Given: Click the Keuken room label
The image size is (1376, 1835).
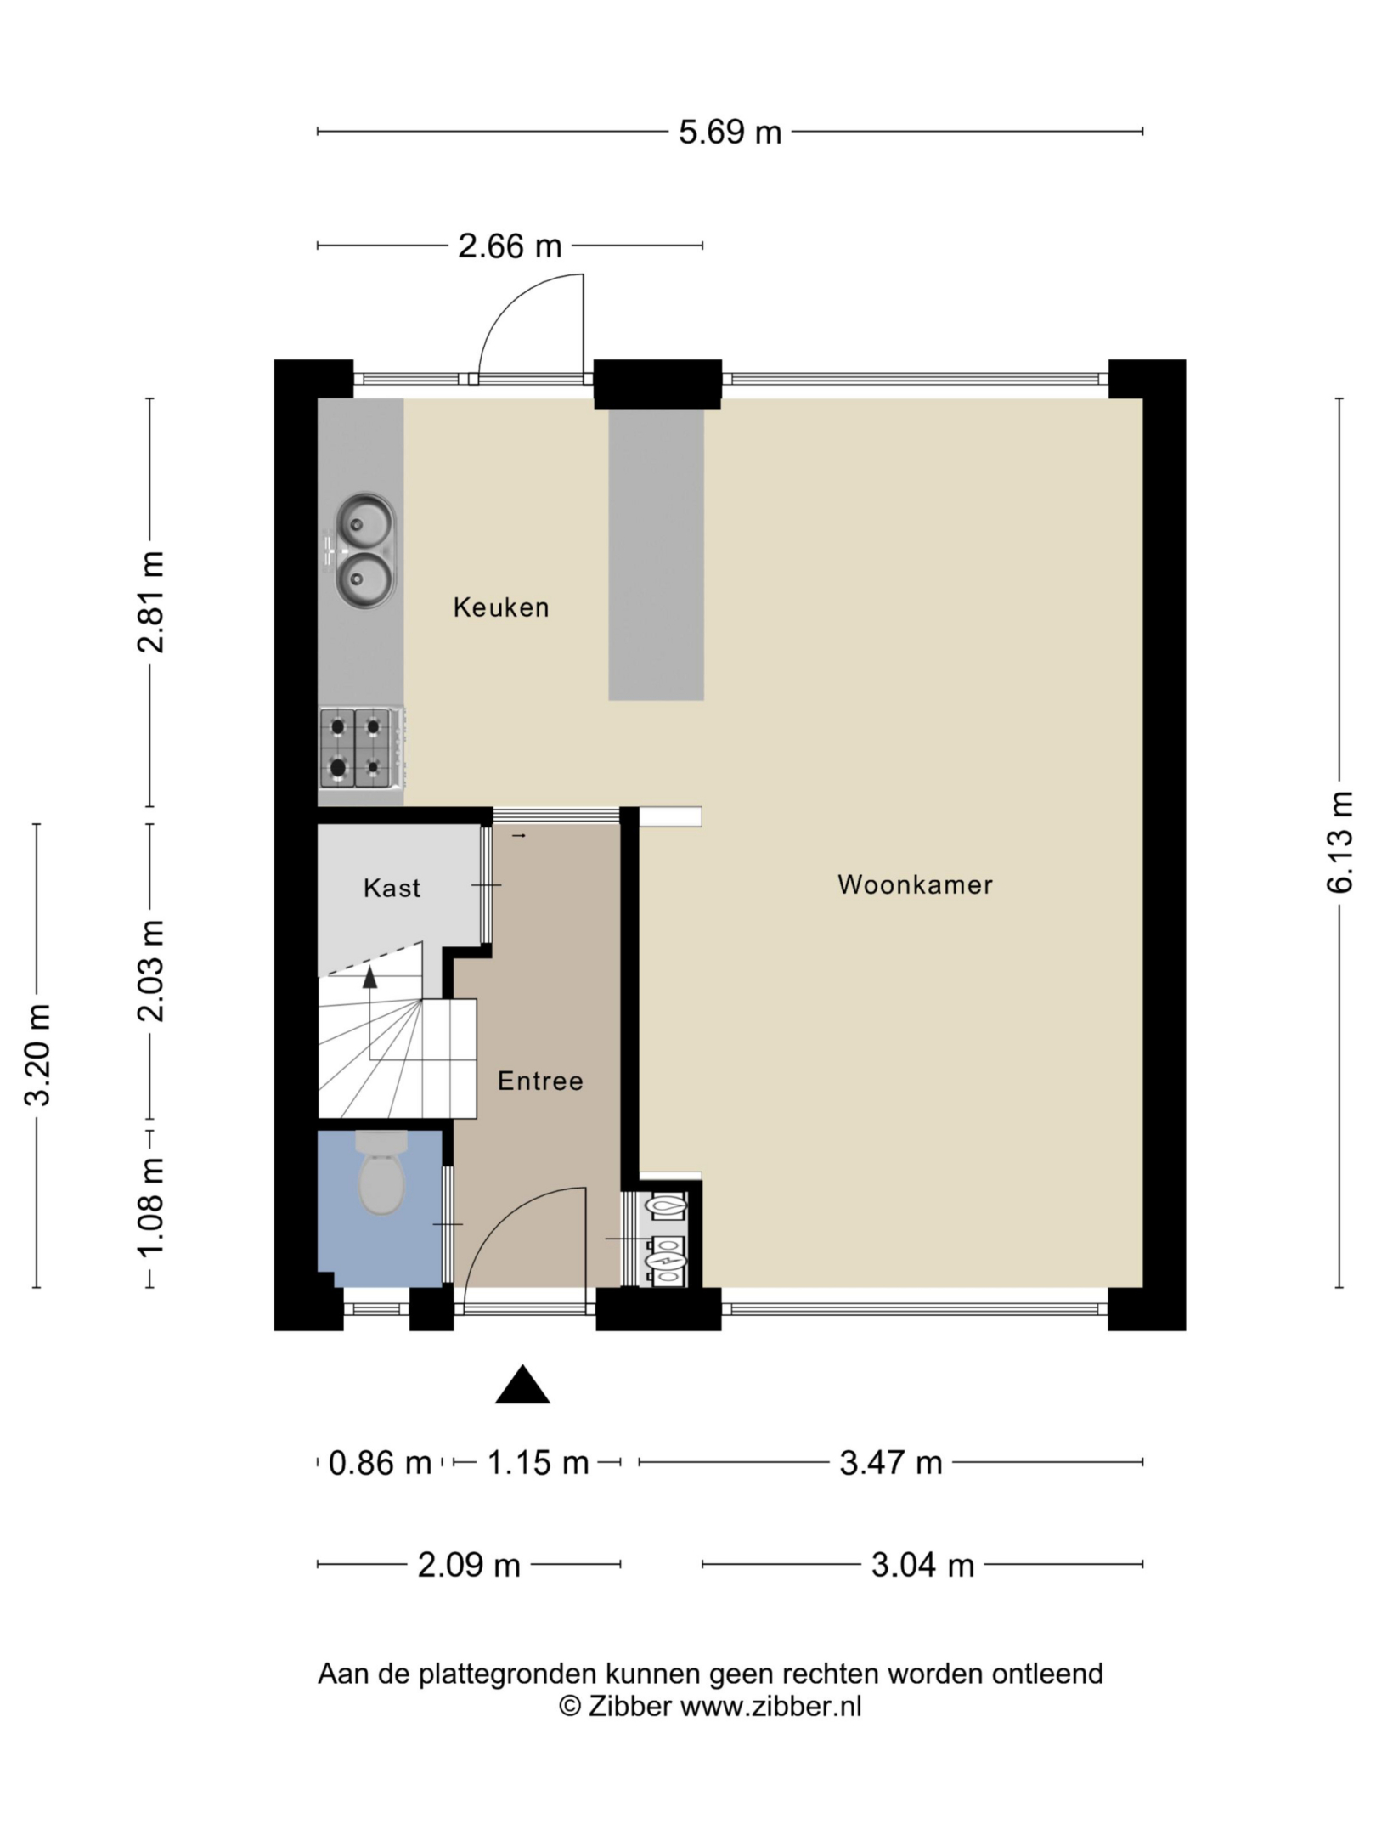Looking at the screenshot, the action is click(501, 607).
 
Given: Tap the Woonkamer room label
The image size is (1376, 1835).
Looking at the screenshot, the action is click(915, 884).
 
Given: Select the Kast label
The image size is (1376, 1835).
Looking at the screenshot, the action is click(392, 888).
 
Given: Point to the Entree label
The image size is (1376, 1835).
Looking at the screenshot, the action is click(540, 1081).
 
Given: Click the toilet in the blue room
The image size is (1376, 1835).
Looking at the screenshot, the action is click(381, 1172).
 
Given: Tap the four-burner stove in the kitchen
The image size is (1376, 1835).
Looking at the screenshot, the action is click(361, 748).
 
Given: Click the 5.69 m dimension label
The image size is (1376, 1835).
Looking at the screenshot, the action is click(730, 132).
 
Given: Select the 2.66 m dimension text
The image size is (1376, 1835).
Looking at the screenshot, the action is click(510, 246).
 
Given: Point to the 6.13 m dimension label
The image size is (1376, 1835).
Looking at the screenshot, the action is click(1339, 842).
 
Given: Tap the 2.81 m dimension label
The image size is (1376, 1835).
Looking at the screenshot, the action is click(150, 602).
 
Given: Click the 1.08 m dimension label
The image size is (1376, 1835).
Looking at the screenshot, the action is click(150, 1207).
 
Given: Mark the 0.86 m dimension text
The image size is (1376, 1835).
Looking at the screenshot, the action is click(380, 1462).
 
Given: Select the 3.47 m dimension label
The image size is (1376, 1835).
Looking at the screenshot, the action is click(891, 1462).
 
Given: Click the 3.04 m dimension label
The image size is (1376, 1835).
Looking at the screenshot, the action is click(922, 1564).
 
